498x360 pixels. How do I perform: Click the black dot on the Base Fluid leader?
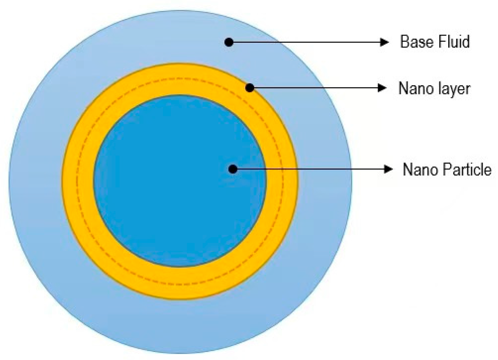(229, 42)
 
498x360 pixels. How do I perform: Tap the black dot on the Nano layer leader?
(249, 88)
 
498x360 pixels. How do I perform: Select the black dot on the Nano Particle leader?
(233, 169)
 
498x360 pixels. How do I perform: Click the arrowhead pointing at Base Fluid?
(384, 42)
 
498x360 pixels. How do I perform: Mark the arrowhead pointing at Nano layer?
(382, 88)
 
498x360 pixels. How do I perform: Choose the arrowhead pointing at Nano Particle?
(388, 169)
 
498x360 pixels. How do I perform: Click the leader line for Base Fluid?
(305, 42)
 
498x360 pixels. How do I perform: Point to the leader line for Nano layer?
(314, 88)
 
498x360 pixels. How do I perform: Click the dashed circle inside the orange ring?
(76, 181)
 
